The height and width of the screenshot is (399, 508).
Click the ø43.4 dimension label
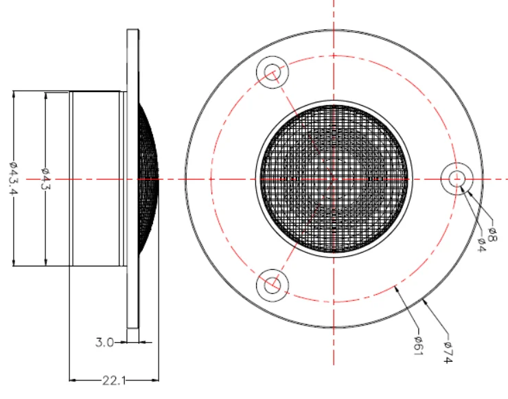tap(13, 178)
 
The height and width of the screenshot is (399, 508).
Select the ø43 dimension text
tap(45, 178)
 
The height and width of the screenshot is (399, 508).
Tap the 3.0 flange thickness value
tap(104, 341)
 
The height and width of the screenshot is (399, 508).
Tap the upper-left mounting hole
tap(273, 71)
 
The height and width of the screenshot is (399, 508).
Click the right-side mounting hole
tap(455, 179)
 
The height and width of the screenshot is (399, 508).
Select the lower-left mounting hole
tap(273, 284)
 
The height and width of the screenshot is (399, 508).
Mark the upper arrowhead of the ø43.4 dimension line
tap(13, 95)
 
